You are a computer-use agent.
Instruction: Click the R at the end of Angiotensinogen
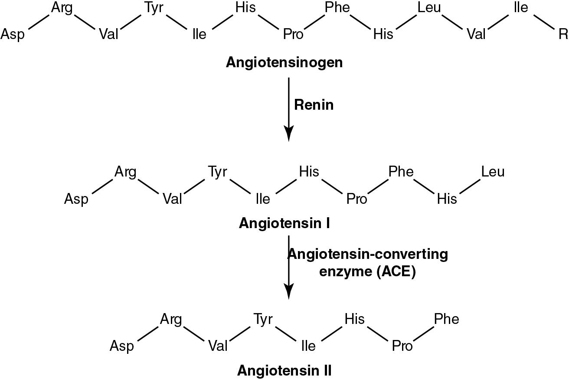point(563,34)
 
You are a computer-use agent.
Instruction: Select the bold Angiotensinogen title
point(284,62)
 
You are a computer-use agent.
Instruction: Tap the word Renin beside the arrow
point(314,105)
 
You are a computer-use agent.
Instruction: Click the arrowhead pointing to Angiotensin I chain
point(288,134)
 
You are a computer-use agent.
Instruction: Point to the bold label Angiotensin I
point(284,223)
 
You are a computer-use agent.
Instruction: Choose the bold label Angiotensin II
point(284,371)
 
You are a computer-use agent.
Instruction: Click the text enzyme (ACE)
point(367,272)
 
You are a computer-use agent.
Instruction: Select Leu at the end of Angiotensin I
point(493,172)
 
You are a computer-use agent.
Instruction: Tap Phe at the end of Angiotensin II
point(446,320)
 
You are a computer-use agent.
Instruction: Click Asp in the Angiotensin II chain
point(122,346)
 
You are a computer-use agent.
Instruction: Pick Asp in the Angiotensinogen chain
point(13,34)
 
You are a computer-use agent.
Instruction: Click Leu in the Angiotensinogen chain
point(429,8)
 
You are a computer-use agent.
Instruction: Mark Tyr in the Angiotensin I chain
point(217,172)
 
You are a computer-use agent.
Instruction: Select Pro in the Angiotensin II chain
point(402,346)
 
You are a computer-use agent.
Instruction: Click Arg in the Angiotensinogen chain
point(62,8)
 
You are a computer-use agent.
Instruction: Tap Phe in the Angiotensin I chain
point(401,172)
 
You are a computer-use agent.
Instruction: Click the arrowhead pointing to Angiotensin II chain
point(288,291)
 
